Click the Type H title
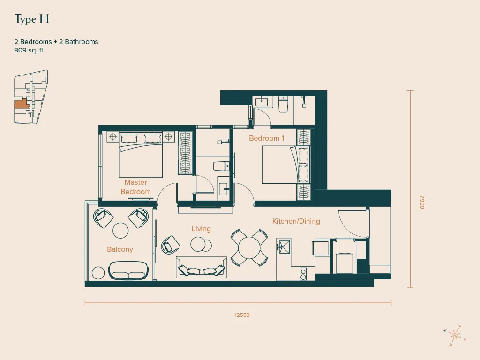click(31, 19)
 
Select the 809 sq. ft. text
click(30, 50)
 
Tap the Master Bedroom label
click(135, 187)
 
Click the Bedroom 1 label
click(267, 138)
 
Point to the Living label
click(201, 229)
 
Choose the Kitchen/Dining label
click(296, 221)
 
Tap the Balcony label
click(120, 249)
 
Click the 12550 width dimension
click(242, 315)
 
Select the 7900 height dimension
click(422, 202)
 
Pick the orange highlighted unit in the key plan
click(22, 104)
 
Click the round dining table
click(249, 248)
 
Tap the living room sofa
click(202, 267)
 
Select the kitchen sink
click(284, 247)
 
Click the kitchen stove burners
click(303, 274)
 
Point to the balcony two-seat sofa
click(128, 270)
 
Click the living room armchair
click(170, 245)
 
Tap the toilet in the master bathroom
click(221, 166)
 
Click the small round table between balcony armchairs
click(120, 231)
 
